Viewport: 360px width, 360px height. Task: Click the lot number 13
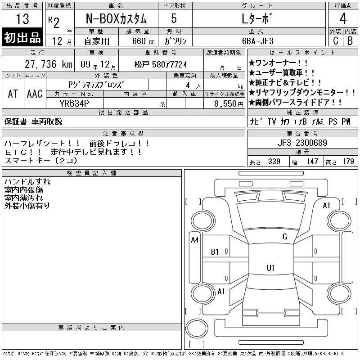click(22, 18)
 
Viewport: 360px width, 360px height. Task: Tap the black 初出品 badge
click(22, 37)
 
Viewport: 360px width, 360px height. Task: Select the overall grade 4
click(343, 18)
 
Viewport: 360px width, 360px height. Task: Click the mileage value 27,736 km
click(49, 64)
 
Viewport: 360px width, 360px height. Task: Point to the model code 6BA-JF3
click(257, 41)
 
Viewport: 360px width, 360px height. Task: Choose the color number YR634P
click(74, 103)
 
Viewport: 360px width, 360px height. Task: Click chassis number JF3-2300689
click(302, 143)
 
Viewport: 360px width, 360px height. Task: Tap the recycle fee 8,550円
click(229, 103)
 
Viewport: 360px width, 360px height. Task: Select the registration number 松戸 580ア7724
click(161, 64)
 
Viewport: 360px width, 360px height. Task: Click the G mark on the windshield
click(285, 237)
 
